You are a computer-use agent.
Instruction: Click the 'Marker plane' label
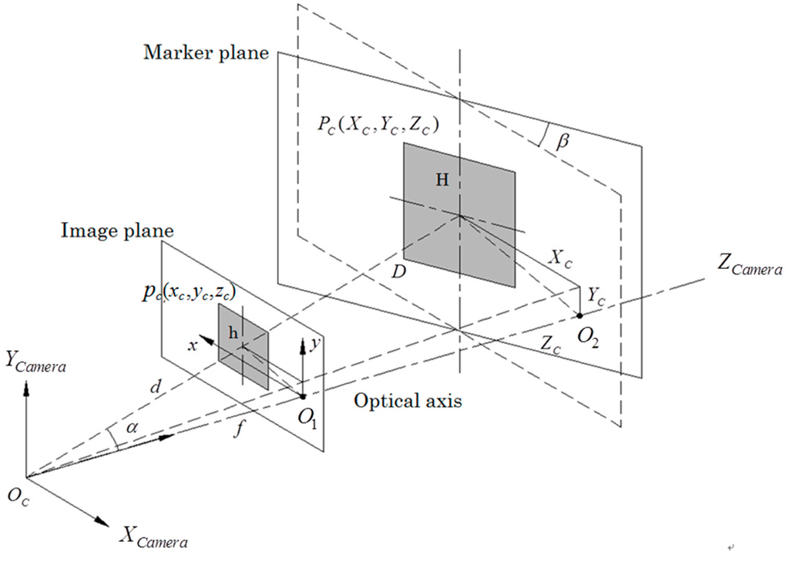click(x=206, y=53)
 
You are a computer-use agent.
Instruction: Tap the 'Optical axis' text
click(x=408, y=401)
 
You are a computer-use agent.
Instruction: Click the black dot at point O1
click(x=303, y=397)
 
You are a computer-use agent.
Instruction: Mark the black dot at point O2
click(x=579, y=314)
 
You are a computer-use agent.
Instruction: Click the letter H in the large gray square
click(x=442, y=180)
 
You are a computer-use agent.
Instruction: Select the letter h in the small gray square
click(x=233, y=332)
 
